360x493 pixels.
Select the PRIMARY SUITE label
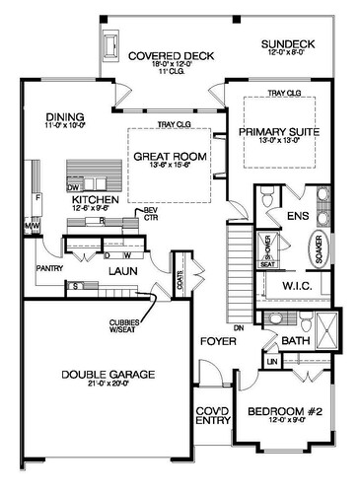tap(277, 128)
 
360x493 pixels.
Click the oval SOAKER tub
tap(322, 251)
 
